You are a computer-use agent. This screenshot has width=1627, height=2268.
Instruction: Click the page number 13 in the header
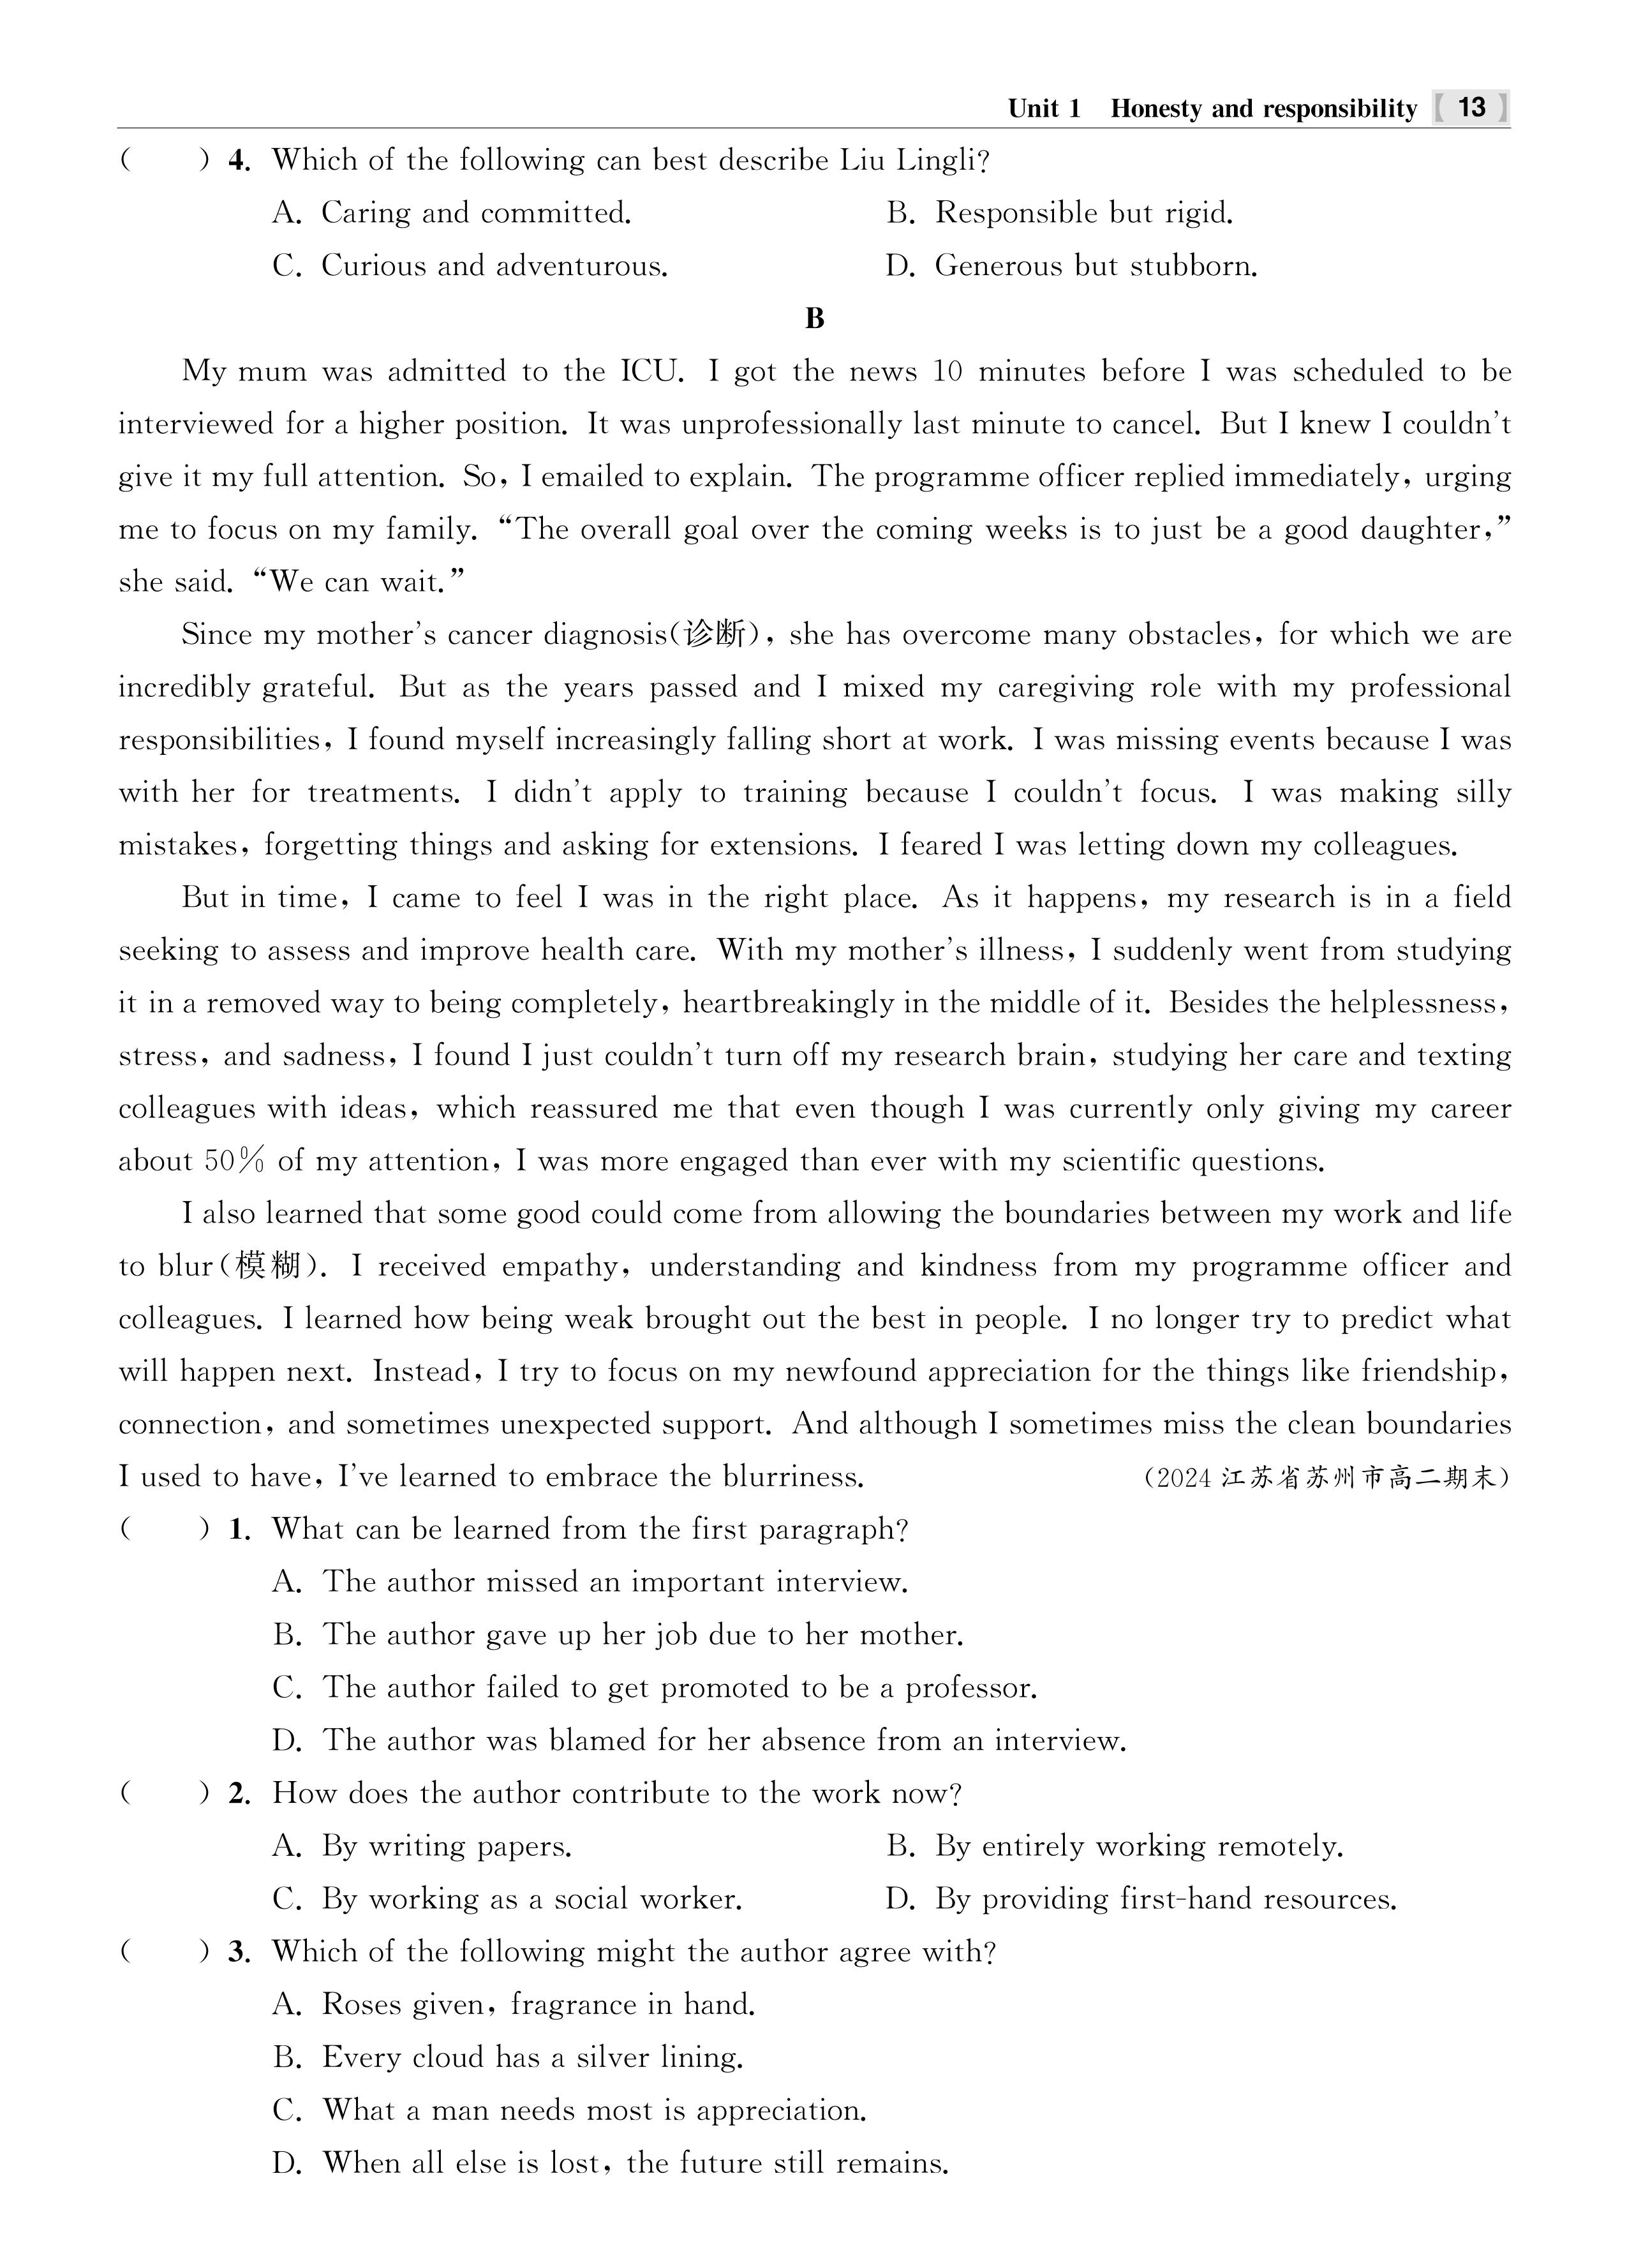[1471, 107]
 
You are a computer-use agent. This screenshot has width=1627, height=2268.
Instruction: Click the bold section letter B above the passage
[814, 319]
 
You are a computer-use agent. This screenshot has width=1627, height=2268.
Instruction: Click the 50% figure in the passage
[235, 1161]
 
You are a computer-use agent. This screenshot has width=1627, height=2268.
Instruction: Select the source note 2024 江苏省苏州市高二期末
[1325, 1477]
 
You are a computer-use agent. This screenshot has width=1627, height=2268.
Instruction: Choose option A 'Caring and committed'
[475, 213]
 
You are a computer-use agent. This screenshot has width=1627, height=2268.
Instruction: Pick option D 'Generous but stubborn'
[1095, 266]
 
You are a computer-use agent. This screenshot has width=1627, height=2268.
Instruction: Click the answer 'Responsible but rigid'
[1083, 213]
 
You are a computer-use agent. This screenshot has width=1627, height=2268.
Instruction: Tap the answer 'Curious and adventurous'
[494, 266]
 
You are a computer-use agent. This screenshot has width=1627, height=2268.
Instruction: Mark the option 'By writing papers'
[446, 1846]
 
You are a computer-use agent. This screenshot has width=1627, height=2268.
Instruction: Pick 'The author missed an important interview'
[614, 1582]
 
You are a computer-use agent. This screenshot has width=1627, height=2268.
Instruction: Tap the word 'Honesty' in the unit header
[1156, 108]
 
